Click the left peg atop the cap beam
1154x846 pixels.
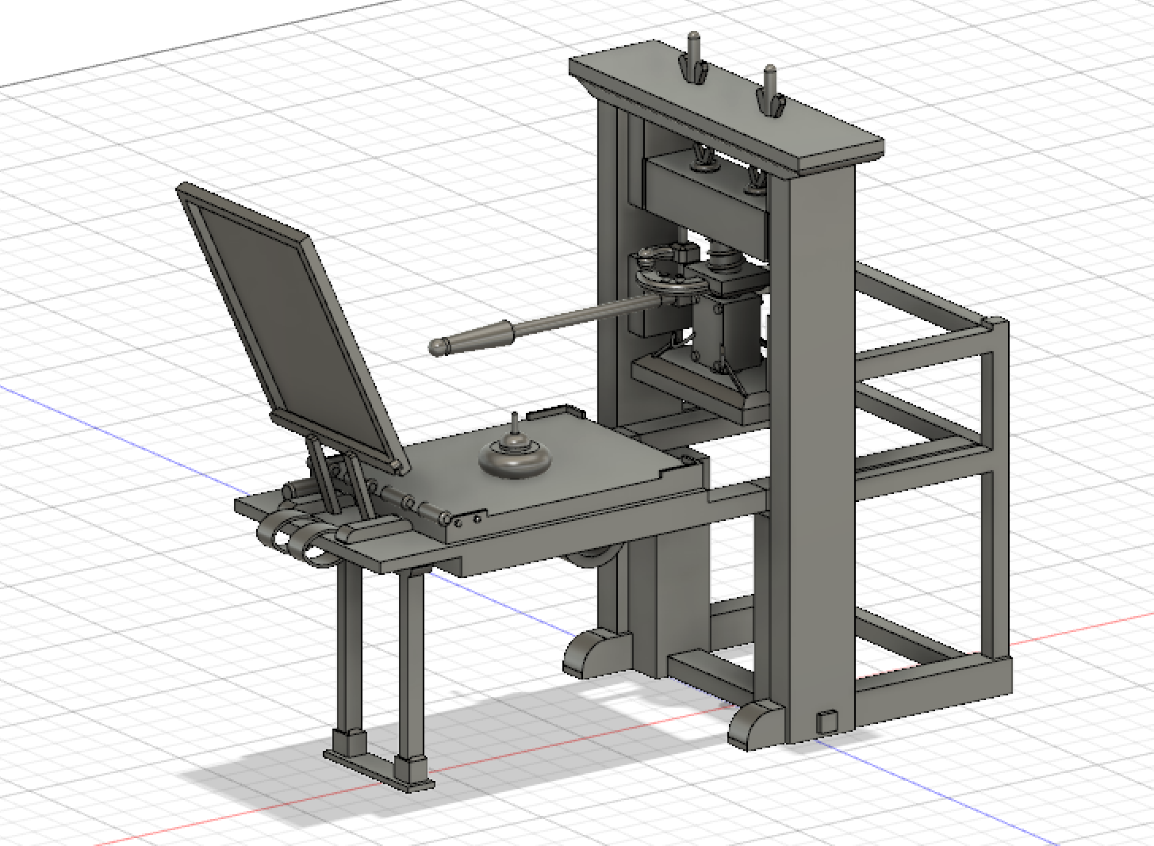(693, 56)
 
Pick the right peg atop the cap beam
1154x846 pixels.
(769, 89)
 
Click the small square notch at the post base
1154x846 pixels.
(826, 720)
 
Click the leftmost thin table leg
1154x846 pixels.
(350, 650)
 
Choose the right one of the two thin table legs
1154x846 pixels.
(412, 666)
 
